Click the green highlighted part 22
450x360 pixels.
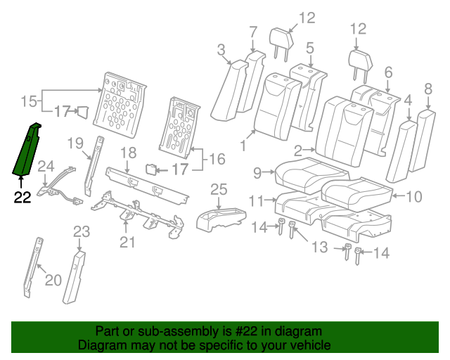pyautogui.click(x=27, y=151)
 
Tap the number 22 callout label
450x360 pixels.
pyautogui.click(x=22, y=198)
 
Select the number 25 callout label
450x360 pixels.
pyautogui.click(x=219, y=188)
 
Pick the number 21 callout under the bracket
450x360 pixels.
pyautogui.click(x=126, y=243)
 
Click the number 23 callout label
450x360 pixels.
pyautogui.click(x=82, y=231)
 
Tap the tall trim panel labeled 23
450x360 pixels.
pyautogui.click(x=74, y=278)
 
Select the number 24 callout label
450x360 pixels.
pyautogui.click(x=46, y=167)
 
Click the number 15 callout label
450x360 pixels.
pyautogui.click(x=27, y=101)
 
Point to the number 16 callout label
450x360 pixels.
pyautogui.click(x=217, y=160)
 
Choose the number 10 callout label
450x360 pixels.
pyautogui.click(x=413, y=196)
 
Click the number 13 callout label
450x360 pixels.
pyautogui.click(x=320, y=247)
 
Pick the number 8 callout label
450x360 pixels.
pyautogui.click(x=427, y=89)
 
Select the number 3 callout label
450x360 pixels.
pyautogui.click(x=221, y=49)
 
